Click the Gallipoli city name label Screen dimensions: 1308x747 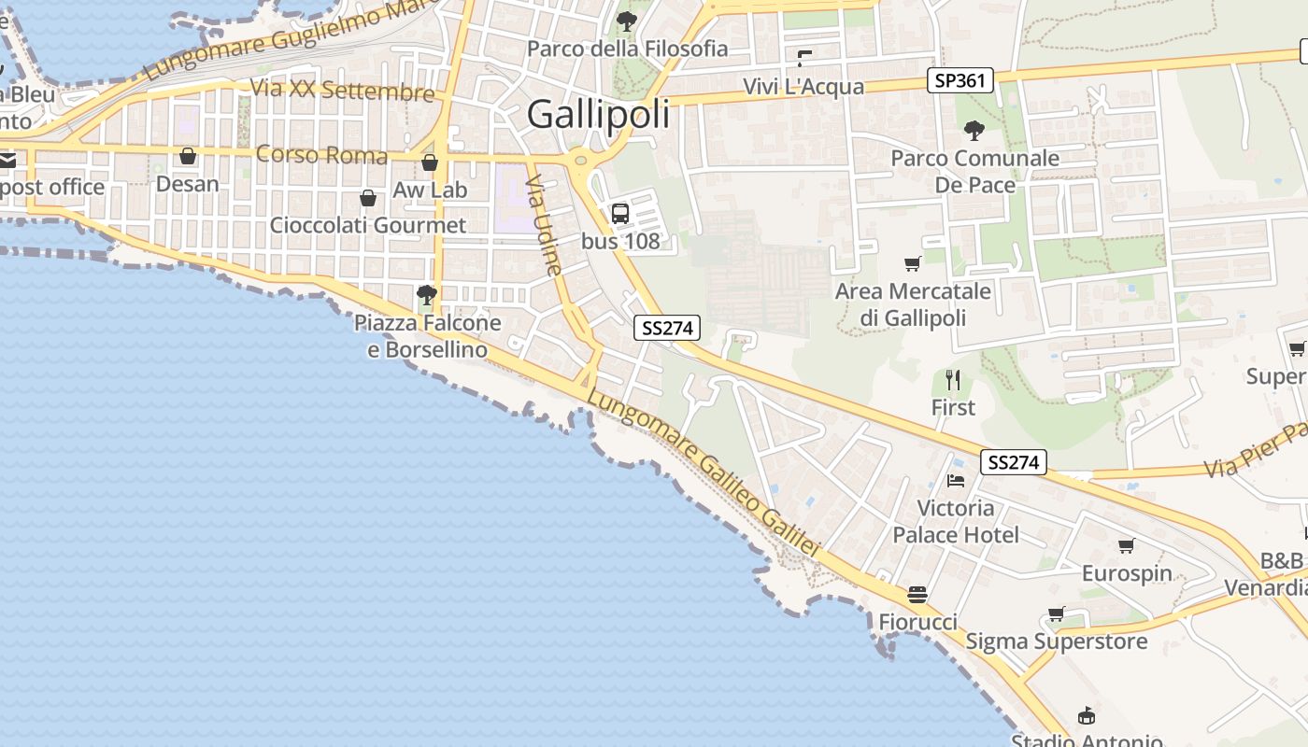pos(598,114)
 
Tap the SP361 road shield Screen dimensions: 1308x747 pos(960,80)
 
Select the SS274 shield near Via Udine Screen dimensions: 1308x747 pos(667,328)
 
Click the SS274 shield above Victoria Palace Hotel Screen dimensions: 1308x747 pos(1014,462)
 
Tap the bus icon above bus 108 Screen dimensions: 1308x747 pos(620,214)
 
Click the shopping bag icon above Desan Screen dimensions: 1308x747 pos(188,156)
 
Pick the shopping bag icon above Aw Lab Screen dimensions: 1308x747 pos(430,162)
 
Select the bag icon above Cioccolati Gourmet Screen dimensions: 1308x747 pos(368,198)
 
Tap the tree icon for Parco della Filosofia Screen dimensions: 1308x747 pos(626,21)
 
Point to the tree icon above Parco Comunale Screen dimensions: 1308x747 pos(974,130)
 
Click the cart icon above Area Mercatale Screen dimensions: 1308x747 pos(913,264)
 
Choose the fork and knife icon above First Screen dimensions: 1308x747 pos(953,380)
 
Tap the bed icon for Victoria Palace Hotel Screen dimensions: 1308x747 pos(956,481)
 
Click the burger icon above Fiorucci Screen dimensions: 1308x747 pos(917,595)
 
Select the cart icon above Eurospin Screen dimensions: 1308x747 pos(1127,545)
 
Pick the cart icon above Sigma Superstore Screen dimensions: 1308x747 pos(1056,613)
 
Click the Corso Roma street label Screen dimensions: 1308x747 pos(321,154)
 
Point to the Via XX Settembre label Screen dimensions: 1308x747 pos(343,91)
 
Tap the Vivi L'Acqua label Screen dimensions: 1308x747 pos(803,87)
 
